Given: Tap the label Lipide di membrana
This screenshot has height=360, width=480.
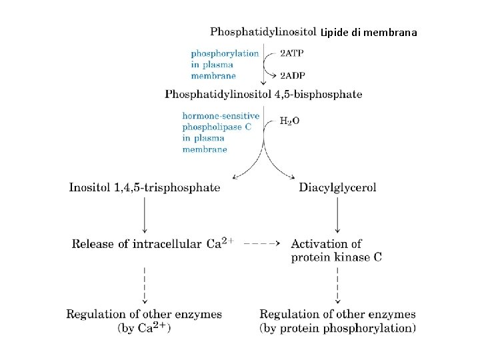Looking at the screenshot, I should pos(368,32).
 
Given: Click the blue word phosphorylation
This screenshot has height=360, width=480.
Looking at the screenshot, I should pos(225,53).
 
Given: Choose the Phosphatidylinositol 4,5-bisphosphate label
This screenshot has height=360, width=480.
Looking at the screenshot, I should pos(263,94).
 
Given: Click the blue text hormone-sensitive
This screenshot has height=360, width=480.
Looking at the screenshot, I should pos(221,115).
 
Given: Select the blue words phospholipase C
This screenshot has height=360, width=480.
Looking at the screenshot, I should pos(217,127).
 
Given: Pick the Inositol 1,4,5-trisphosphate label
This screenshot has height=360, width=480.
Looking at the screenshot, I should pos(145,187).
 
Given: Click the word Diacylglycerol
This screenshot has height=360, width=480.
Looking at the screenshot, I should pos(337,187).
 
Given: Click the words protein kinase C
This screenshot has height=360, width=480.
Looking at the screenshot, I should pos(337,257).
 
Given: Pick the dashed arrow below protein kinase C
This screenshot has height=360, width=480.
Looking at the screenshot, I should pos(337,284).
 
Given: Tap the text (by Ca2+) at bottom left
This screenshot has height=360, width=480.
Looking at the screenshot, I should pos(145,328).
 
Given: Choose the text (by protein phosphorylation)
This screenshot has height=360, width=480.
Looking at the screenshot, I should pos(337,328).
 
